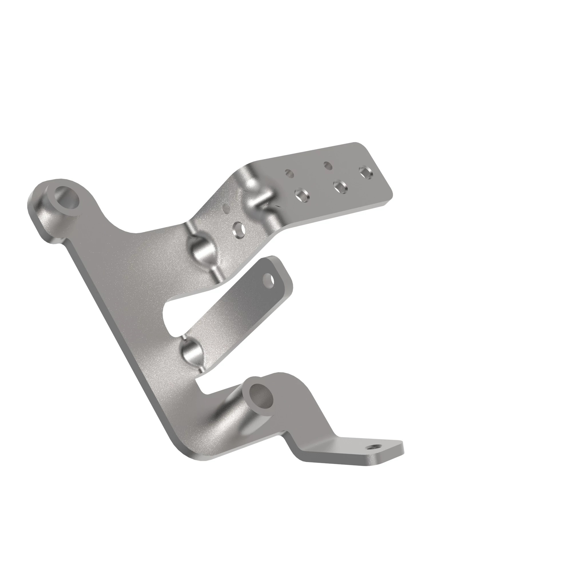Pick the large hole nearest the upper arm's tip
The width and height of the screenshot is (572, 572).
tap(366, 173)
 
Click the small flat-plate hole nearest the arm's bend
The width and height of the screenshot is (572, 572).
tap(289, 173)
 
